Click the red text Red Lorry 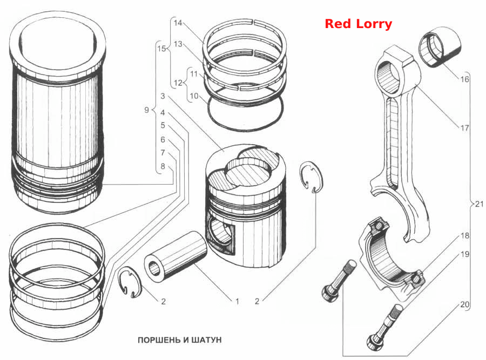359,24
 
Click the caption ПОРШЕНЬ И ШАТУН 179,340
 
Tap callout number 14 178,23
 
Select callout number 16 464,79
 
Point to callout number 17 464,127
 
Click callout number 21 479,204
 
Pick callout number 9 146,110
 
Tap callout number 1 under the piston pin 237,301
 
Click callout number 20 464,304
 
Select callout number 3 163,96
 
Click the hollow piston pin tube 175,258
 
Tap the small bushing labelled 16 440,46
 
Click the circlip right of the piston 313,177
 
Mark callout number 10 194,96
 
